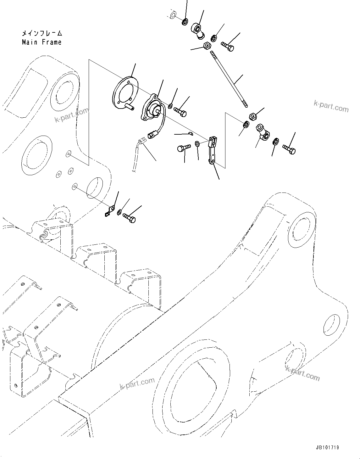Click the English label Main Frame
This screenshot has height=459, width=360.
coord(42,42)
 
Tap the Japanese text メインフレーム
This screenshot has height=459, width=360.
coord(42,33)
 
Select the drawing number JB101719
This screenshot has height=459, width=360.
coord(326,447)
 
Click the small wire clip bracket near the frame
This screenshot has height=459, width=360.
coord(109,211)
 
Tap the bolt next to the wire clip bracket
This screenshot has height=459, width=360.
coord(130,217)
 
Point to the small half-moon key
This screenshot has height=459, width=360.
coord(189,134)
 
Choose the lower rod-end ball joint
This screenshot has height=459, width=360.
coord(263,132)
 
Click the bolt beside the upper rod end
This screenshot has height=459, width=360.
coord(227,47)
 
